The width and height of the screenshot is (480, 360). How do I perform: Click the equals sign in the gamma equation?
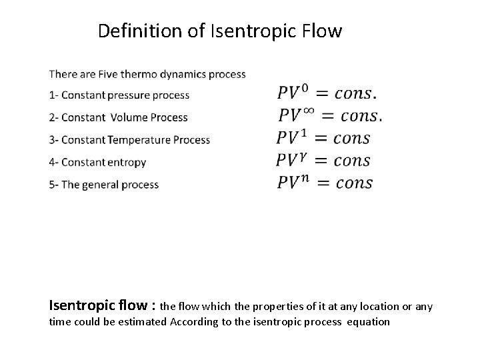coord(323,161)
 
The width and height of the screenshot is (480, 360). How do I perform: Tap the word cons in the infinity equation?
coord(360,116)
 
